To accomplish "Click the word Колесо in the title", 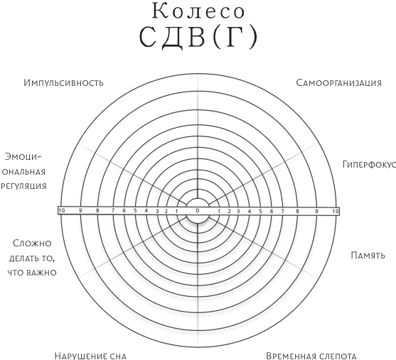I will point(199,12).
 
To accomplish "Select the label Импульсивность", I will point(63,82).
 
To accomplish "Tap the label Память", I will point(368,255).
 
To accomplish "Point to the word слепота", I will point(337,355).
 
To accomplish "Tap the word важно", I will point(43,272).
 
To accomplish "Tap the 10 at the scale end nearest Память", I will point(335,211).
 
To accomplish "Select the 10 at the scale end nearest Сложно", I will point(62,210).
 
